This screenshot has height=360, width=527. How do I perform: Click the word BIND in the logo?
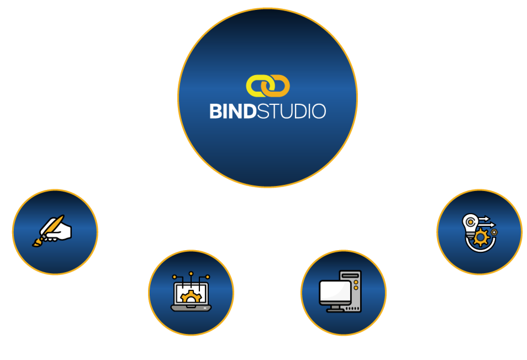233,111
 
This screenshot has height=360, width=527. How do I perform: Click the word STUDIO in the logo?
291,111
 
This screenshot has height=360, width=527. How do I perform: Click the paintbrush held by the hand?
49,231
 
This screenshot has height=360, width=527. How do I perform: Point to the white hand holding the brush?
61,232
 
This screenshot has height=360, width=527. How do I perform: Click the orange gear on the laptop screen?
191,297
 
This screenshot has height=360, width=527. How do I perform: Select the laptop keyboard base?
191,308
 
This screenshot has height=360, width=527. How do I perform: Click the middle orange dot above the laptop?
191,274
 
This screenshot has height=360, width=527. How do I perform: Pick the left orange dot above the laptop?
175,277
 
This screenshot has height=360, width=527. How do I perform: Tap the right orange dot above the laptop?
208,277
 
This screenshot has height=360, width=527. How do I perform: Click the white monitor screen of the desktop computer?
335,291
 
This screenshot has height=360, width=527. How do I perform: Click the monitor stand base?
335,310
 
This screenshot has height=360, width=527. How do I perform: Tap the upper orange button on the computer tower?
356,283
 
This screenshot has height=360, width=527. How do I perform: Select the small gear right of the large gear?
494,232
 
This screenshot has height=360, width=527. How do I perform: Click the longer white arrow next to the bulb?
486,224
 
